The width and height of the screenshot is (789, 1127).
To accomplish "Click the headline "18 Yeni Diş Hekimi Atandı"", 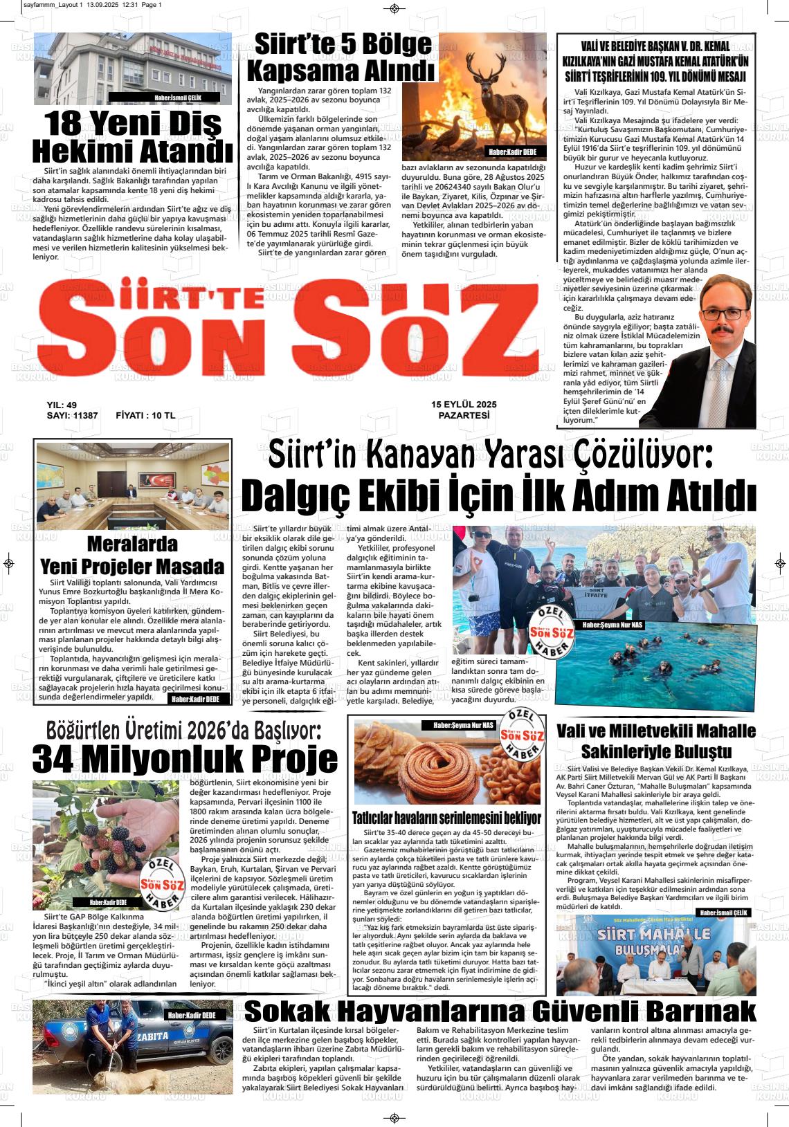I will pos(133,136).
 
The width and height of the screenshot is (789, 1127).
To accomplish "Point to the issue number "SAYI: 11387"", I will pos(72,416).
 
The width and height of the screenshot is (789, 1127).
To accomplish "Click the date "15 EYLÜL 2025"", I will pos(464,404).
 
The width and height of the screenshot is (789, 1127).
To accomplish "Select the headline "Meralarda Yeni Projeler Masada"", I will pos(132,556).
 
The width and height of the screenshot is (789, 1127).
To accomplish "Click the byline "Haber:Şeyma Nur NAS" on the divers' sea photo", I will pos(613,625).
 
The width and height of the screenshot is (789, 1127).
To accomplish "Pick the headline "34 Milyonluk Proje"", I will pos(185,759).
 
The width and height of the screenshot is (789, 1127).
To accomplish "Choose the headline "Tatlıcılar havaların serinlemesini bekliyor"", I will pos(446,817).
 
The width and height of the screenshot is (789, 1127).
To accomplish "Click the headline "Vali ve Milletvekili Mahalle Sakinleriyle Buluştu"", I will pos(655,741).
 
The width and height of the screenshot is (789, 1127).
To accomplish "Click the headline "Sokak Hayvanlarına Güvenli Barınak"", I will pos(500,1011).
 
